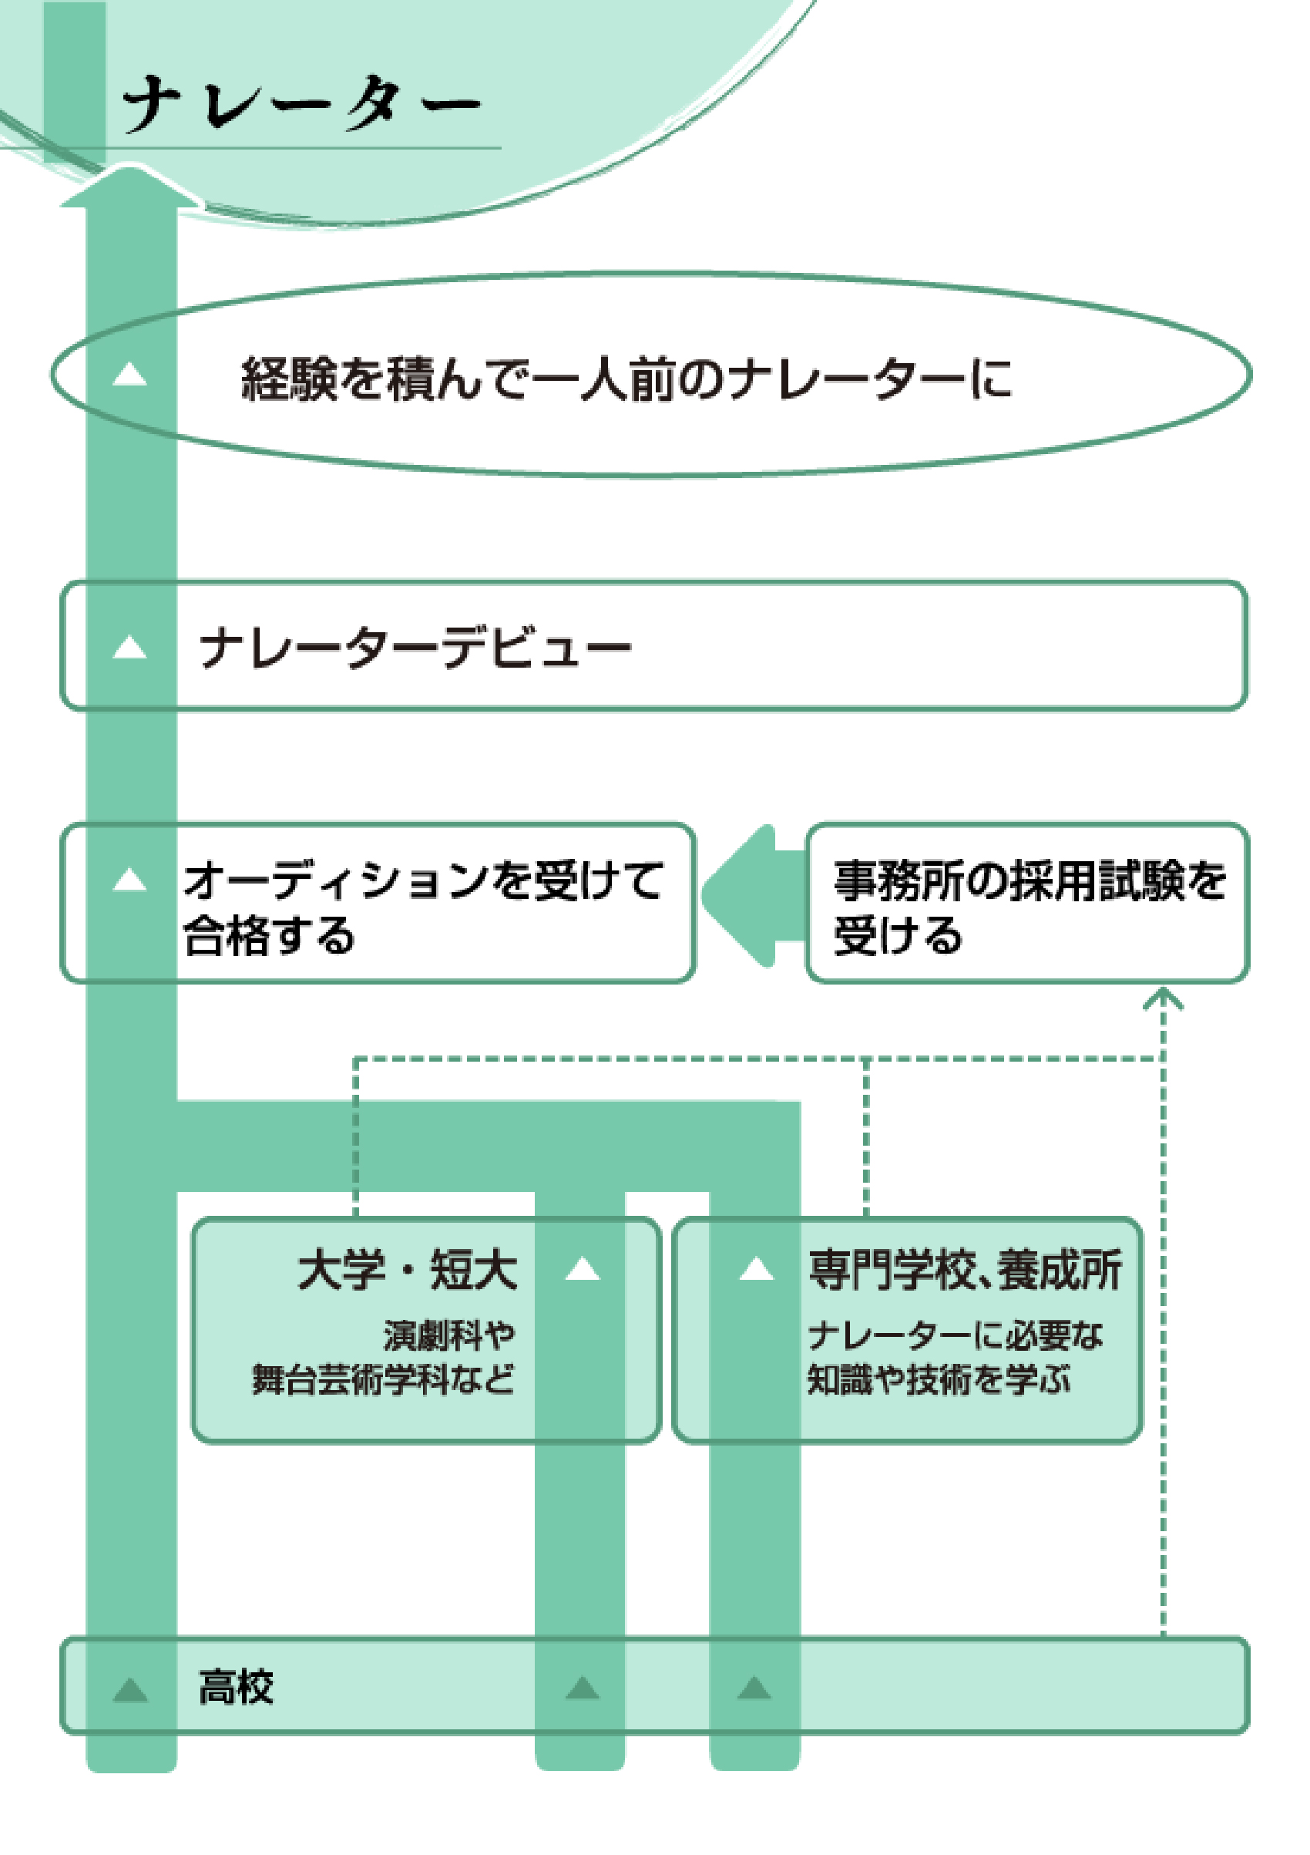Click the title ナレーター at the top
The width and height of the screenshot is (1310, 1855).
(301, 103)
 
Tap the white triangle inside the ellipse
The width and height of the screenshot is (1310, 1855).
(129, 374)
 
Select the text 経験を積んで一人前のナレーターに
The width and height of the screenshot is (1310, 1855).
(626, 378)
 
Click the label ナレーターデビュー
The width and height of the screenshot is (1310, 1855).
(415, 648)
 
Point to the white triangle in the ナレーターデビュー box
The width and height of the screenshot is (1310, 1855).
(129, 647)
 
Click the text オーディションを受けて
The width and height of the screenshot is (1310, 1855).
(422, 880)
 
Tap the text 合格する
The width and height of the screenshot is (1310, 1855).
(269, 935)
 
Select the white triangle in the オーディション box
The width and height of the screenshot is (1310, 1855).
(129, 879)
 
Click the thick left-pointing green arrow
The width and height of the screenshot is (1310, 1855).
(751, 895)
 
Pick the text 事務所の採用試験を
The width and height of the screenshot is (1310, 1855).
(1029, 880)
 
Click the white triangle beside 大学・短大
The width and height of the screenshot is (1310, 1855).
(583, 1269)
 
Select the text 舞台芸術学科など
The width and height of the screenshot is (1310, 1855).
(383, 1379)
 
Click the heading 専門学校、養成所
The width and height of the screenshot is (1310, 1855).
(964, 1270)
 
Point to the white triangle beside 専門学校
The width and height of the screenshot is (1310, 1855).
(757, 1269)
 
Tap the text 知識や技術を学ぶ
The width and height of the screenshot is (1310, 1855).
(939, 1379)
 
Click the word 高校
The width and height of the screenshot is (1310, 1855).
(236, 1687)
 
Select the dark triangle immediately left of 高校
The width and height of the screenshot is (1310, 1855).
(130, 1689)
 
